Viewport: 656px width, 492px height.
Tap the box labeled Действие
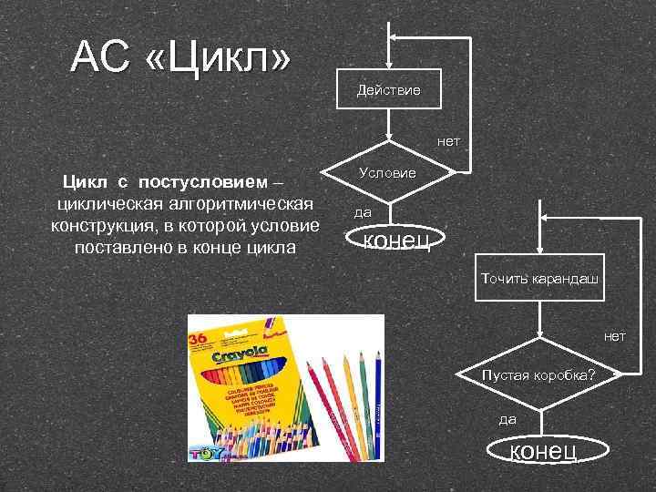[x=389, y=89]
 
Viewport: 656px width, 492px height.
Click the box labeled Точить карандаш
[x=539, y=279]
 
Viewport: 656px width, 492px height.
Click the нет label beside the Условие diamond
[x=448, y=141]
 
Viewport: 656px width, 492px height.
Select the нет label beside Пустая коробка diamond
[x=614, y=336]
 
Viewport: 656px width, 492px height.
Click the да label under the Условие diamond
[x=363, y=212]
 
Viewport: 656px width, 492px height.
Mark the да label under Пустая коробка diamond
[x=507, y=419]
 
